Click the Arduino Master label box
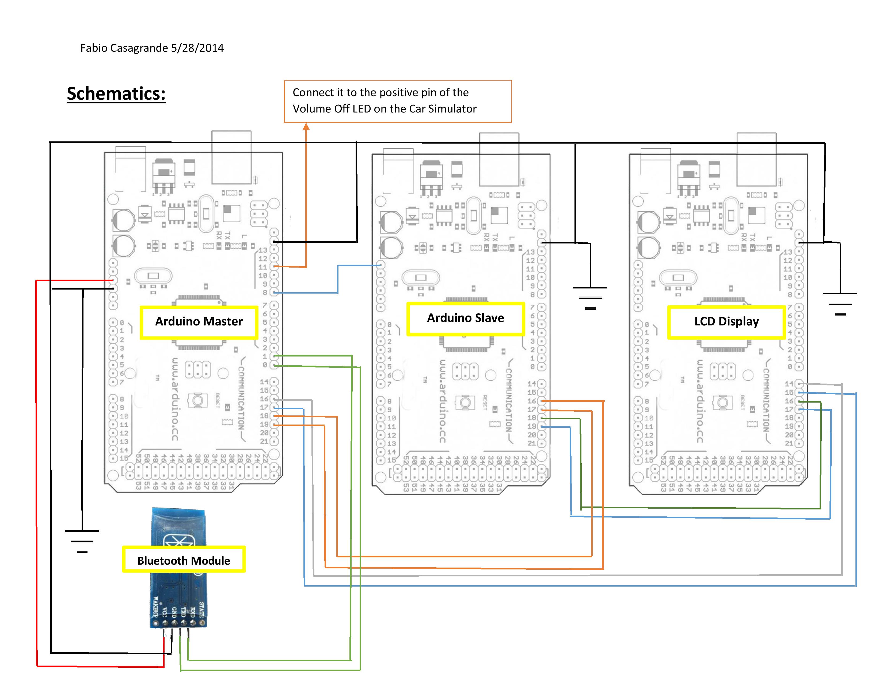[199, 322]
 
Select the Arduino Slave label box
[465, 318]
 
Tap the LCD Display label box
[726, 322]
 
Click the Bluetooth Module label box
[184, 560]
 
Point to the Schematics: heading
[116, 94]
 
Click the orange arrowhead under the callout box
[306, 127]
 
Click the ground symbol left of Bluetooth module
[82, 541]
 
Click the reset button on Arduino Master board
[197, 401]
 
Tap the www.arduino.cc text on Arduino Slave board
[442, 401]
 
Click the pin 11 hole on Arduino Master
[274, 266]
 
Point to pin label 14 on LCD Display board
[789, 384]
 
